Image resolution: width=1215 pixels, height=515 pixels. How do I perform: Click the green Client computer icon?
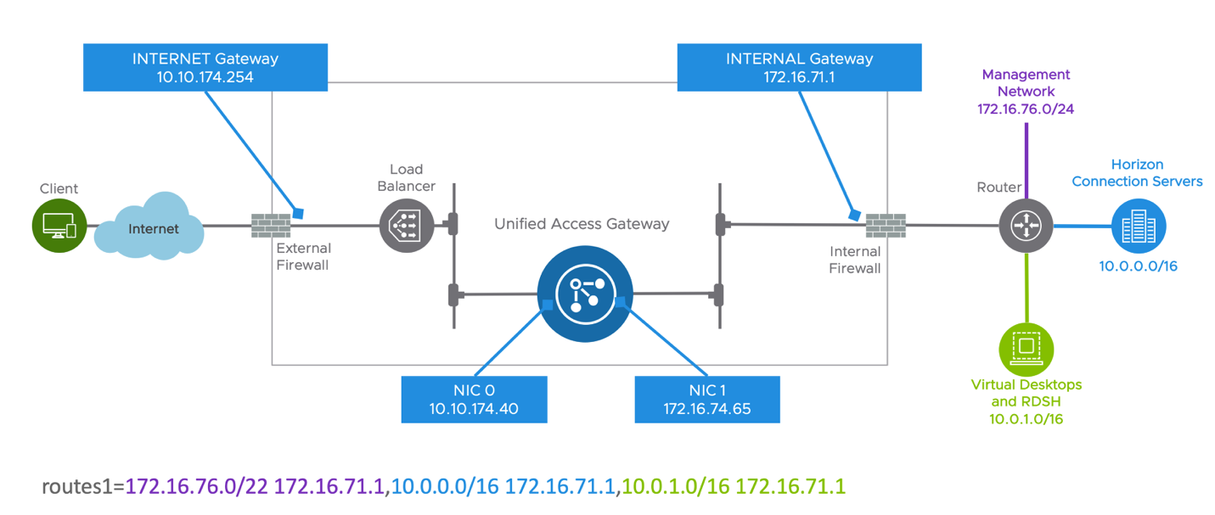tap(59, 227)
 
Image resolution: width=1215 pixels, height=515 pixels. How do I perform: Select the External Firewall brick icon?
tap(271, 227)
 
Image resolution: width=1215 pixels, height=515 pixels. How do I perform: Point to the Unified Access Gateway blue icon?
tap(584, 294)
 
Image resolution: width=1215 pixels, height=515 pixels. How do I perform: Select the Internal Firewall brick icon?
tap(886, 226)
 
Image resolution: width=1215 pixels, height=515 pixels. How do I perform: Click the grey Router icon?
tap(1026, 226)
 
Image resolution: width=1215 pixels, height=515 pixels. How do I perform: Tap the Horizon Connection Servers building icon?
tap(1139, 227)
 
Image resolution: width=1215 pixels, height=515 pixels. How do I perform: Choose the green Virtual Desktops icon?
tap(1026, 349)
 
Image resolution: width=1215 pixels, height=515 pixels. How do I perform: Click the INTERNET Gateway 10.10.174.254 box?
tap(205, 68)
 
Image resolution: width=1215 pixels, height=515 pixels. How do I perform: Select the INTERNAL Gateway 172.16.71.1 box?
tap(799, 68)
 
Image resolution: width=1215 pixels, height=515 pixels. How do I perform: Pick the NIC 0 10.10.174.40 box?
tap(474, 400)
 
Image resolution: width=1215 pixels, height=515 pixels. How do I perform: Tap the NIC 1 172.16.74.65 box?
tap(706, 400)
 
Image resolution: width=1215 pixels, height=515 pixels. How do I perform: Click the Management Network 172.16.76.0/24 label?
tap(1026, 92)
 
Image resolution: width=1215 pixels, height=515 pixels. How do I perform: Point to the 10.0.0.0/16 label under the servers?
tap(1138, 266)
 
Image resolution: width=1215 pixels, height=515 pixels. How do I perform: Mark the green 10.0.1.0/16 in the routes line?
tap(676, 487)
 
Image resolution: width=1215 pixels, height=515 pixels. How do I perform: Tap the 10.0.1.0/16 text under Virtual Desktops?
tap(1026, 419)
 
